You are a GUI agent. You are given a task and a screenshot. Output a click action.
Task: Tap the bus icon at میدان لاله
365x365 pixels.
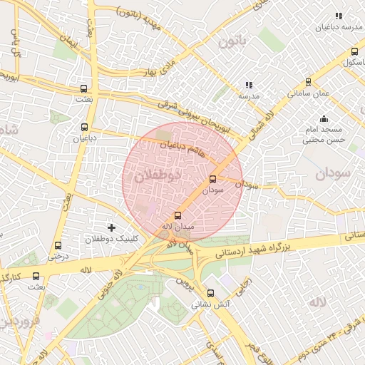(178, 215)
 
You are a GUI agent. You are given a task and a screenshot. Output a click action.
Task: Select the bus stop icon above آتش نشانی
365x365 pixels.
(210, 292)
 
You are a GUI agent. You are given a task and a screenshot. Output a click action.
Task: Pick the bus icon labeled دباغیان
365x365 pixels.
(84, 128)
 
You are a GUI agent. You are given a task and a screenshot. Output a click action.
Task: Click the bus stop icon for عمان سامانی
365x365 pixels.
(308, 82)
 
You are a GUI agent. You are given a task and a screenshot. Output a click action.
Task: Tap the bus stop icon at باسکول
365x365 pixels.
(354, 51)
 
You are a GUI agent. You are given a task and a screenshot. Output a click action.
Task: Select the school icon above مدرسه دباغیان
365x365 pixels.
(339, 16)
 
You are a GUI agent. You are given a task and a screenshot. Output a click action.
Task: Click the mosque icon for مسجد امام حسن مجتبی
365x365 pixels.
(324, 118)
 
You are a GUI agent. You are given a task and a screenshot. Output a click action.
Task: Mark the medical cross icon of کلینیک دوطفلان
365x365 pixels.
(111, 227)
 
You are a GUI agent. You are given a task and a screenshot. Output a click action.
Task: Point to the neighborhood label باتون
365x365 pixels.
(232, 43)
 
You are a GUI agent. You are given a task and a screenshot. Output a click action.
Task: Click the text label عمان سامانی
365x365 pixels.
(308, 93)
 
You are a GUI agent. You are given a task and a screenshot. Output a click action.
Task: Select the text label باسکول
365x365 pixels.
(349, 63)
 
